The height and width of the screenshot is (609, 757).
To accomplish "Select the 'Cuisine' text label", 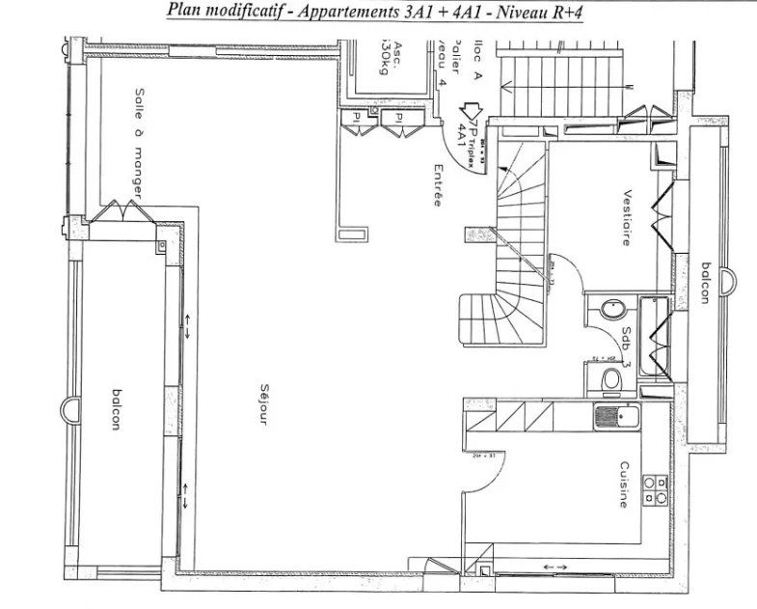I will (626, 483).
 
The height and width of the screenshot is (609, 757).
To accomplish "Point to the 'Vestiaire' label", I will (627, 217).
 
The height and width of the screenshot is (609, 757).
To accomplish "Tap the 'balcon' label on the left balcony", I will (116, 412).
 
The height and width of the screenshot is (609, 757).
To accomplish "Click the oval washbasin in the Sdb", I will (610, 312).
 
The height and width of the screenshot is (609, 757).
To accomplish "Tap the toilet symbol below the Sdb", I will (608, 379).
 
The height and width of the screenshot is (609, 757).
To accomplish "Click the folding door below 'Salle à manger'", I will (121, 210).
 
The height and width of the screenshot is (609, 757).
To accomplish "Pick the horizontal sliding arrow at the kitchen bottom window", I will (556, 566).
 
